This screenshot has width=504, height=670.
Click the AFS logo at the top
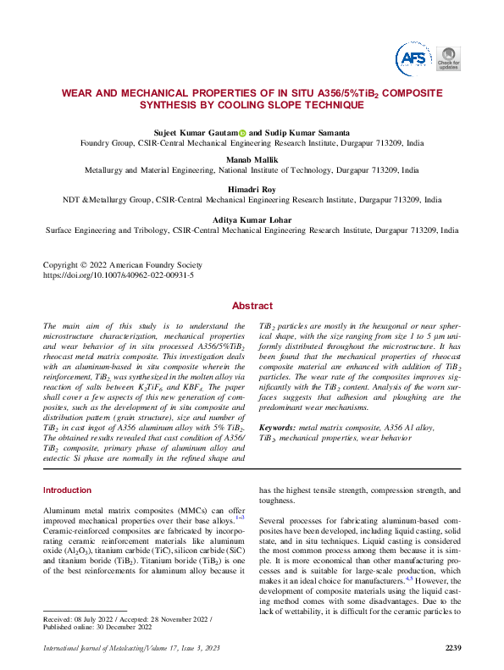413,57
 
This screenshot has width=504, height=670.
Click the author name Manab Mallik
252,159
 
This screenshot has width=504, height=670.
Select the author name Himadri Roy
252,190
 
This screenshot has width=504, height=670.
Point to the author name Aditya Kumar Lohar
252,220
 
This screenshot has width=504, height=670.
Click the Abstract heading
252,306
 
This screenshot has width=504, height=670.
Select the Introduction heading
67,490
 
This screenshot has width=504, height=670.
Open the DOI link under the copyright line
118,275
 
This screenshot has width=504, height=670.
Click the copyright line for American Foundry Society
123,264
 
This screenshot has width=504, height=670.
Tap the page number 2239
452,649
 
